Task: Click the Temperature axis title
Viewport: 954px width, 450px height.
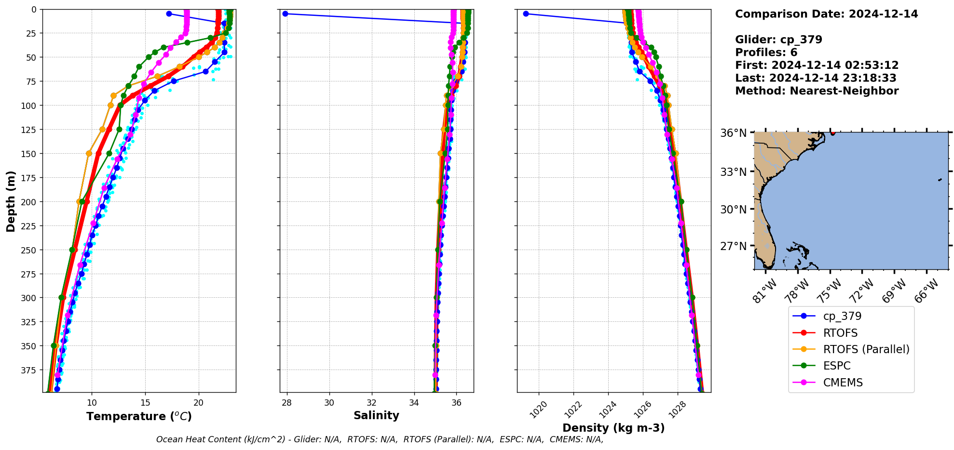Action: [x=139, y=416]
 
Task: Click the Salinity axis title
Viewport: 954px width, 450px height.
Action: [x=376, y=415]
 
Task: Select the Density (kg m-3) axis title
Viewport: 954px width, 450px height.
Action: [x=613, y=428]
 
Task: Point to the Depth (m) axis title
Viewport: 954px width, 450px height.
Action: [x=11, y=201]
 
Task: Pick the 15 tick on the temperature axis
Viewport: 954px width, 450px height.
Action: [x=145, y=403]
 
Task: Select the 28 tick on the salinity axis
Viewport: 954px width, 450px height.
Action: [x=287, y=403]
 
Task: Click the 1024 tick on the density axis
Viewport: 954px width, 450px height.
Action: [x=604, y=410]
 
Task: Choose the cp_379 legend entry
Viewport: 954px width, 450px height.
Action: [x=849, y=316]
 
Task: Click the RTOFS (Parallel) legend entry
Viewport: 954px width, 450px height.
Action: [x=866, y=349]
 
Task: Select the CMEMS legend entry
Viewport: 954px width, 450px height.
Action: [x=843, y=383]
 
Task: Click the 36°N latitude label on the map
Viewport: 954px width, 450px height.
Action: [x=733, y=133]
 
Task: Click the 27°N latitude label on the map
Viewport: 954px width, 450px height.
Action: [x=733, y=246]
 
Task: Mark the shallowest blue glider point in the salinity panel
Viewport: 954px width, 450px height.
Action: [x=285, y=13]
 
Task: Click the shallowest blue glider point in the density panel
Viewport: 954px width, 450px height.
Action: [x=526, y=13]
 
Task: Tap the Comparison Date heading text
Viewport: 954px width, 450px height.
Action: [x=826, y=14]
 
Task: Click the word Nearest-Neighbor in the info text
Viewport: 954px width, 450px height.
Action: [x=844, y=91]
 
